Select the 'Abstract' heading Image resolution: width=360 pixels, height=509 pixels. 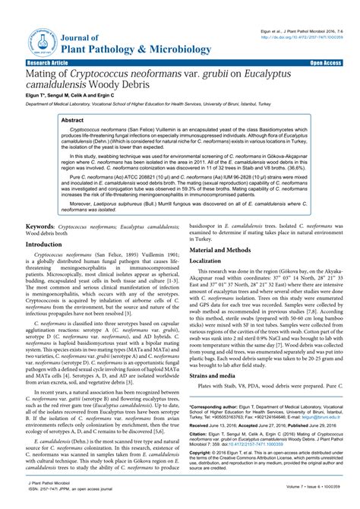click(x=72, y=120)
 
